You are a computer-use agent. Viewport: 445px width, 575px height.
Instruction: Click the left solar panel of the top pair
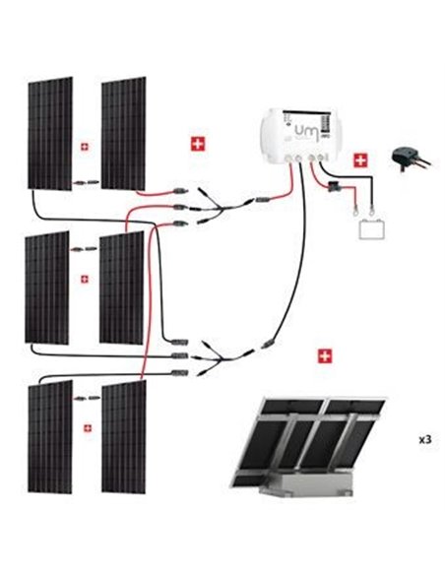tap(49, 133)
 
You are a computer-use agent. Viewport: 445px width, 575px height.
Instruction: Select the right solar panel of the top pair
tap(123, 133)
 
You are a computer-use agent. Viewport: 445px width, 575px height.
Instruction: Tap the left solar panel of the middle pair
tap(46, 287)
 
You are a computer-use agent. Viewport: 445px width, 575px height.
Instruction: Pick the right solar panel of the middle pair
tap(122, 287)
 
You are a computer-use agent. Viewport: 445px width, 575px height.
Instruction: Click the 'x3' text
tap(424, 439)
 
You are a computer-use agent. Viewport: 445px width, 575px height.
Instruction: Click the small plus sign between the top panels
tap(86, 147)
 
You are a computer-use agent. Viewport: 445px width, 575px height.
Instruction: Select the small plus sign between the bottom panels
tap(88, 427)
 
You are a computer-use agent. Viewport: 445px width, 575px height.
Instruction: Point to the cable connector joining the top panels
tap(87, 182)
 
